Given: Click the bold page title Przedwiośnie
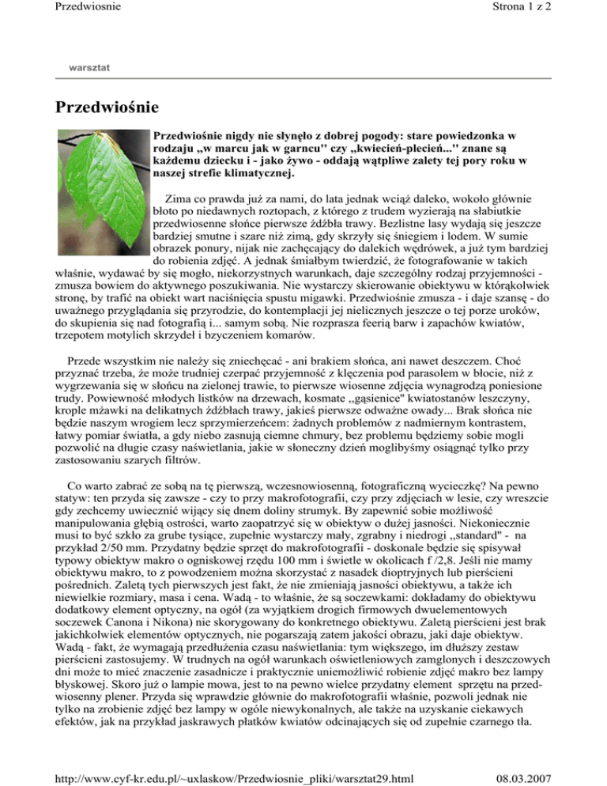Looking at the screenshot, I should coord(107,106).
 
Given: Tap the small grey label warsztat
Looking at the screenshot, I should coord(90,69).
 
